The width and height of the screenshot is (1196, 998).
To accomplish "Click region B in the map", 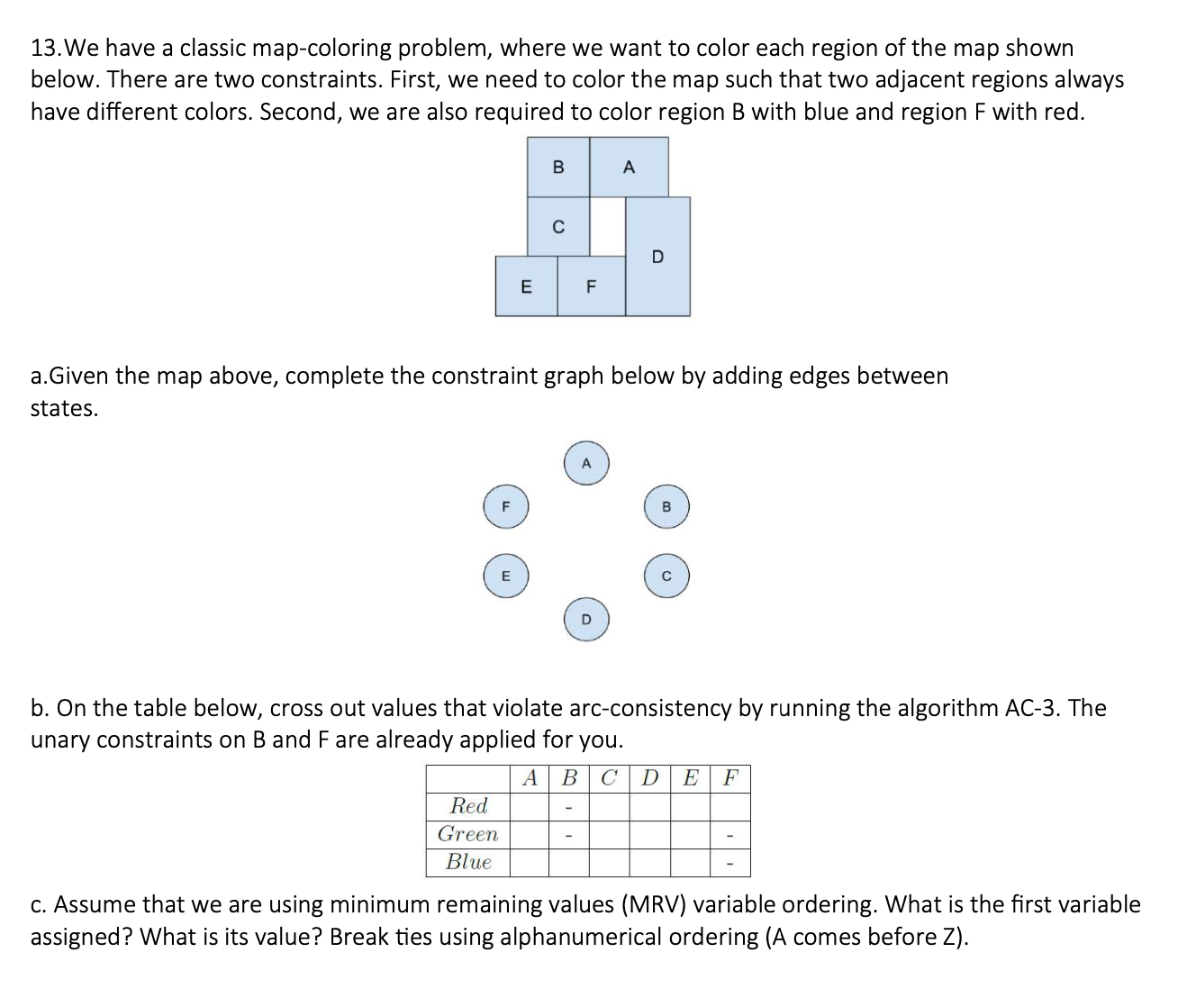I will pyautogui.click(x=558, y=168).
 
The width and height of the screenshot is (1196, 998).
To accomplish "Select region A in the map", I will pyautogui.click(x=629, y=168).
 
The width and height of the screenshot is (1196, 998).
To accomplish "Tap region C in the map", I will pyautogui.click(x=558, y=227).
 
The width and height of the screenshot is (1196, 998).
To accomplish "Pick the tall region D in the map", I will pyautogui.click(x=657, y=257).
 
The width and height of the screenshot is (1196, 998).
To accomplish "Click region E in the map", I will pyautogui.click(x=526, y=286).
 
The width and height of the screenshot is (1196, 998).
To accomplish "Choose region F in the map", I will pyautogui.click(x=591, y=286).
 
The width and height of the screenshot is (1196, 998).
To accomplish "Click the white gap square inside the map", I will pyautogui.click(x=608, y=226).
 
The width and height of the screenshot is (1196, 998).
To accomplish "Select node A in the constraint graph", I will pyautogui.click(x=586, y=464).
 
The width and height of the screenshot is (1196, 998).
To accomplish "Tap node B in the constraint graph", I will pyautogui.click(x=666, y=507).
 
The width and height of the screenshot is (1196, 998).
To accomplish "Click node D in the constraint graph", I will pyautogui.click(x=586, y=619).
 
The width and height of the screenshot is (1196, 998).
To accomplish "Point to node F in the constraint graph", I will pyautogui.click(x=505, y=507).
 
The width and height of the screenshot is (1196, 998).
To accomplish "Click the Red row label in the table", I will pyautogui.click(x=468, y=805).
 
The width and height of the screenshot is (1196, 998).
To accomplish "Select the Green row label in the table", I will pyautogui.click(x=467, y=834).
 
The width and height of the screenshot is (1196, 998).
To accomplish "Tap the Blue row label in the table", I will pyautogui.click(x=468, y=862).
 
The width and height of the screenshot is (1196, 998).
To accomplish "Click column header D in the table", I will pyautogui.click(x=649, y=777).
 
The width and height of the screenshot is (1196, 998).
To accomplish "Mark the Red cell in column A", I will pyautogui.click(x=530, y=805).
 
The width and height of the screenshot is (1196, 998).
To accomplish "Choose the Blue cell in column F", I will pyautogui.click(x=730, y=862).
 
